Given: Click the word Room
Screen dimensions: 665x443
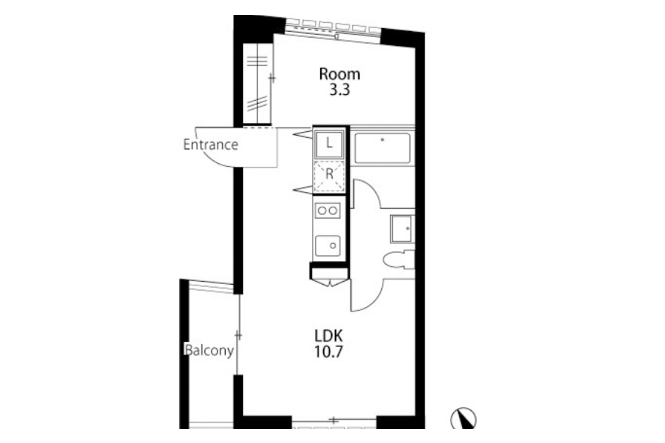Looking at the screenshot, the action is (340, 74).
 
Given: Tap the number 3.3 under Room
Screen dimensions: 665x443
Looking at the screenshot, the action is (340, 90).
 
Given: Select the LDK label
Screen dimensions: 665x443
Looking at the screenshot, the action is (329, 336).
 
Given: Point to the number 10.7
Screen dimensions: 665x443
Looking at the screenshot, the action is (329, 352).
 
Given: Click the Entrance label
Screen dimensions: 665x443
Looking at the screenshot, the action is (211, 145).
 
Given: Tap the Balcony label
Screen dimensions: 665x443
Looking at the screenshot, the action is (209, 351).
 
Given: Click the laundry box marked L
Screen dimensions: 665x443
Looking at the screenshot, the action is (329, 144).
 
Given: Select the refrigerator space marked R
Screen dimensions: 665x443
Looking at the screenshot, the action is (329, 176).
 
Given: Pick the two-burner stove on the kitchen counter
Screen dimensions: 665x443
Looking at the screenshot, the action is (328, 210).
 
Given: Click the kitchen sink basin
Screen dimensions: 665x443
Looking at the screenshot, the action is (328, 245).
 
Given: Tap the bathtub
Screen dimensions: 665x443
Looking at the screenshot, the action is (383, 148).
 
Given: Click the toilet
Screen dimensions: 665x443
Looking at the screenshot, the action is (398, 260).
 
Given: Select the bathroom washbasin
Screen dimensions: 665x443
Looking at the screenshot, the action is (402, 229).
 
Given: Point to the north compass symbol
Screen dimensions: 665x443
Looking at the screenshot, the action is (463, 419).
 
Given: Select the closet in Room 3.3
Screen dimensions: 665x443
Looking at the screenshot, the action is (257, 84).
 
